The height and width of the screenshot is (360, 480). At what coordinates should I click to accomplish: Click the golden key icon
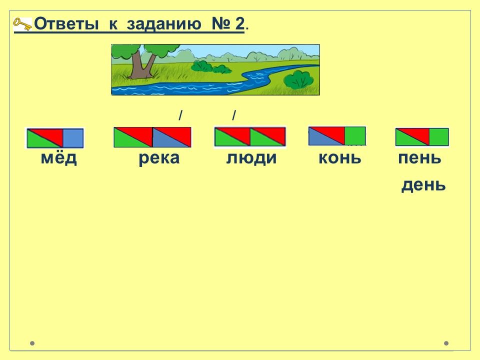pos(22,24)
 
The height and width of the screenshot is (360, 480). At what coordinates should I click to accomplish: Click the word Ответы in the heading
pos(66,23)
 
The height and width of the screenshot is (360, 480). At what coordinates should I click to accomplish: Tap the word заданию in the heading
pos(164,24)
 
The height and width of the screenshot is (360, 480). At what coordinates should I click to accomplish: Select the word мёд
pos(59,158)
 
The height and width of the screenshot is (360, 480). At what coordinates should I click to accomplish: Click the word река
pos(159,158)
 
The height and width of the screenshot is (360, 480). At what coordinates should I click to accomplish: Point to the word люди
pos(251,158)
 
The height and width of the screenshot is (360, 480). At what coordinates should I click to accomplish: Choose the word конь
pos(340,158)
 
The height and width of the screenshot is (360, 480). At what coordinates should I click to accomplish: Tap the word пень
pos(419,158)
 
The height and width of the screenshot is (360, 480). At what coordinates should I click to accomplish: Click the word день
pos(423,185)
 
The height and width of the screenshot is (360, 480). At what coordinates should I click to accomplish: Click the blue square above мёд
pos(73,138)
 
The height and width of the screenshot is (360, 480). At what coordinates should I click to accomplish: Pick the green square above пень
pos(438,137)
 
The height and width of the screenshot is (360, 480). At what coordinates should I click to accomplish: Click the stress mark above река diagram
pos(180,115)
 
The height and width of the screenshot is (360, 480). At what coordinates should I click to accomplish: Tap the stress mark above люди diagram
pos(234,115)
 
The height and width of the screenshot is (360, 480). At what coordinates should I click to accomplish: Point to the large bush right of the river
pos(298,79)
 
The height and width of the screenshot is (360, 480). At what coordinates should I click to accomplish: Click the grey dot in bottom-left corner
pos(32,343)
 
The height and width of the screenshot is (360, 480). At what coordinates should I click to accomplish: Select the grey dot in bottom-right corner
pos(446,343)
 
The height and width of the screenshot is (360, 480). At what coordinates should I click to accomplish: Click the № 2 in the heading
pos(228,23)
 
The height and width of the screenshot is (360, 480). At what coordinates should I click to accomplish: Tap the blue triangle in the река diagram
pos(165,140)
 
